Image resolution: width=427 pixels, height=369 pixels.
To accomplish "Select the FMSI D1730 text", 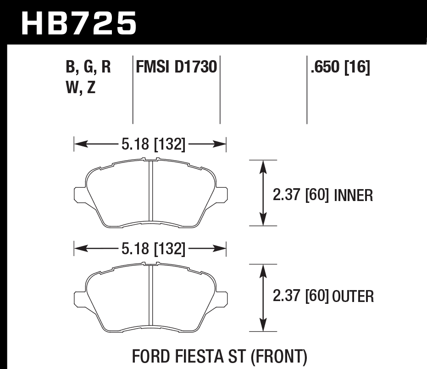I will (x=176, y=68).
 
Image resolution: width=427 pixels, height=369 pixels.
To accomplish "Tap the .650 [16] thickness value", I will (x=340, y=68).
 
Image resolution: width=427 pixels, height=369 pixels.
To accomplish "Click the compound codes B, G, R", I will (x=89, y=68).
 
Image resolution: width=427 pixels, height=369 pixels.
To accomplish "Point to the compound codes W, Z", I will (x=81, y=87).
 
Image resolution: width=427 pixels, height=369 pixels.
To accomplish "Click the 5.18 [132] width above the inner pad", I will (x=153, y=145).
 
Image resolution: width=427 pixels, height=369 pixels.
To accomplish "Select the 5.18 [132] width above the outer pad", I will (x=153, y=249).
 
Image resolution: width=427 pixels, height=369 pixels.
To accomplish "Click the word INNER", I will (x=354, y=196).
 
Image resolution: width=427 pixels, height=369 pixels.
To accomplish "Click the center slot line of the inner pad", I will (x=150, y=193).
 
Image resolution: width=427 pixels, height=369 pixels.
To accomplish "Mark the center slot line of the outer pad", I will (x=150, y=296).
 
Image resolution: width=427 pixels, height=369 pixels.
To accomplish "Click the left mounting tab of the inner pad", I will (x=79, y=194).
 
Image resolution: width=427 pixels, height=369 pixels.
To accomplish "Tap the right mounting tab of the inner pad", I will (x=222, y=194).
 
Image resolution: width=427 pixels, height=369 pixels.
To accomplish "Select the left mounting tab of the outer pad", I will (x=79, y=297).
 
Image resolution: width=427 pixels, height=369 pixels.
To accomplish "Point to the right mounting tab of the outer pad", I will (x=222, y=297).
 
